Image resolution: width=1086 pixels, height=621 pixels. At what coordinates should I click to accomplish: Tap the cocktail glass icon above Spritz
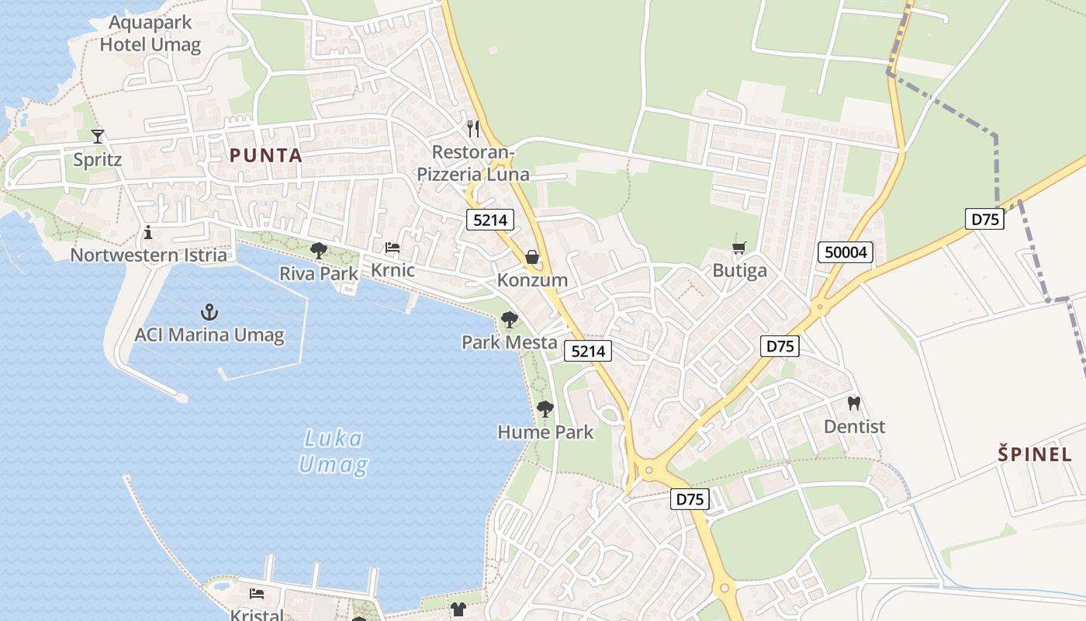click(x=98, y=137)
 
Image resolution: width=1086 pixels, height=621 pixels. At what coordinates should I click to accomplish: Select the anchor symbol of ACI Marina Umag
click(x=209, y=313)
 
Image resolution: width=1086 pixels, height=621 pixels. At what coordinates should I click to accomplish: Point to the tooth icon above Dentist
click(x=854, y=404)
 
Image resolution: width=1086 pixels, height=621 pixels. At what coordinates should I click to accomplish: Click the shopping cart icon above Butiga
click(x=739, y=248)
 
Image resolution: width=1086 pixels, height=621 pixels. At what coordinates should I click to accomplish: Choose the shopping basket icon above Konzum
click(x=532, y=257)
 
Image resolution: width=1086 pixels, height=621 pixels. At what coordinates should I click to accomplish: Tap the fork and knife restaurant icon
click(x=473, y=128)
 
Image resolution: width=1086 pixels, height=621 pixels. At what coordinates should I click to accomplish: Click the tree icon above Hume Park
click(x=545, y=408)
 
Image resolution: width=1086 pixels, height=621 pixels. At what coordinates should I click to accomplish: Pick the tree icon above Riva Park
click(x=318, y=250)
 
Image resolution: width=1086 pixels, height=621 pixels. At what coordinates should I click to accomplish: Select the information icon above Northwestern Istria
click(x=148, y=232)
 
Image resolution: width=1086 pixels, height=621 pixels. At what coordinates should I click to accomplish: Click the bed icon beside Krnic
click(x=393, y=248)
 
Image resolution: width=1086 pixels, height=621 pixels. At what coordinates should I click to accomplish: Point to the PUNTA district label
click(x=266, y=155)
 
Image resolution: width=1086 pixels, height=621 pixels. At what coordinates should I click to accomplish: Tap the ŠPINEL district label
click(x=1034, y=454)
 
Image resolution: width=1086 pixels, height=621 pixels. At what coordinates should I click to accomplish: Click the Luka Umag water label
click(x=333, y=452)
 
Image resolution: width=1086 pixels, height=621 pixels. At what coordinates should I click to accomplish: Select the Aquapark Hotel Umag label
click(x=150, y=33)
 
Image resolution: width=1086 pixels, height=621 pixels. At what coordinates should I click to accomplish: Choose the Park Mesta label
click(x=509, y=342)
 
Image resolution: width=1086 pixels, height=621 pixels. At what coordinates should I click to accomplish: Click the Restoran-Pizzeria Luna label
click(x=473, y=163)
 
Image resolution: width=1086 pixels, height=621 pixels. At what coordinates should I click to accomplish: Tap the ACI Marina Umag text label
click(x=209, y=336)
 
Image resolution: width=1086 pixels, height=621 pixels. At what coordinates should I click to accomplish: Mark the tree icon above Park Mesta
click(x=509, y=319)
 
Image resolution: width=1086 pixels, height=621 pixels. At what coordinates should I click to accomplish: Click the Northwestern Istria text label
click(x=149, y=255)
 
